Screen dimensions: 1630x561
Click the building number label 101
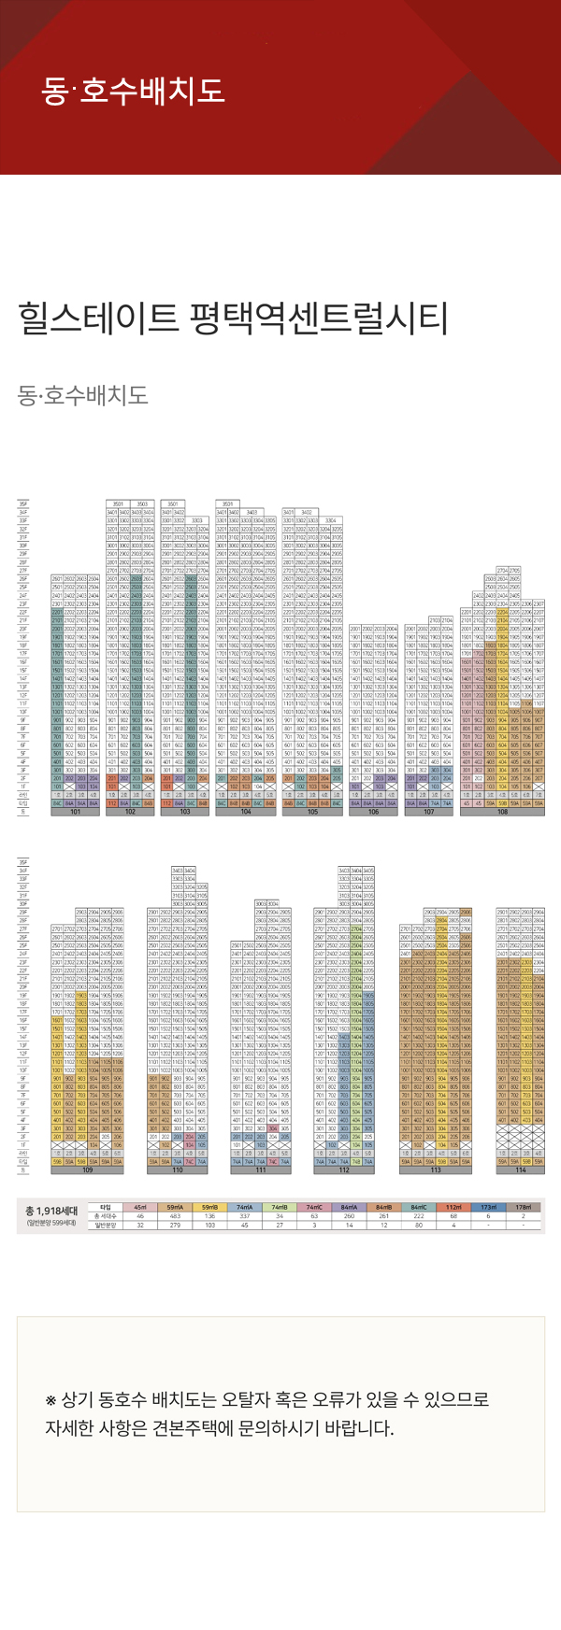pyautogui.click(x=75, y=812)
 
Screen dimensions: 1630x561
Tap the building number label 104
pyautogui.click(x=246, y=812)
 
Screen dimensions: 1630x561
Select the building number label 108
pyautogui.click(x=502, y=812)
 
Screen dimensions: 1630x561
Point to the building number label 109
pyautogui.click(x=88, y=1169)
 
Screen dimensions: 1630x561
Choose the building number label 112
pyautogui.click(x=344, y=1169)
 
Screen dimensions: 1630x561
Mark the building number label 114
pyautogui.click(x=520, y=1169)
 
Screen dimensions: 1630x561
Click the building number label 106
pyautogui.click(x=373, y=812)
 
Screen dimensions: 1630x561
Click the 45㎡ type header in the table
pyautogui.click(x=140, y=1208)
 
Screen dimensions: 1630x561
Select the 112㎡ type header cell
pyautogui.click(x=453, y=1208)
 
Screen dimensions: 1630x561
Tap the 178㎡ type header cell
pyautogui.click(x=524, y=1208)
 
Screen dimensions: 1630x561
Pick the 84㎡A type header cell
pyautogui.click(x=349, y=1208)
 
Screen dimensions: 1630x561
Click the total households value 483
pyautogui.click(x=175, y=1216)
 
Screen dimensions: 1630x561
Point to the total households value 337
pyautogui.click(x=245, y=1216)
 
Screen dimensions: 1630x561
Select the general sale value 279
pyautogui.click(x=175, y=1225)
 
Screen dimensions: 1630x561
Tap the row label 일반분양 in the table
pyautogui.click(x=105, y=1225)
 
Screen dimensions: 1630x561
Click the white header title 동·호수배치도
pyautogui.click(x=133, y=91)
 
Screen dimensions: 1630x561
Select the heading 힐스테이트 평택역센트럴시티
pyautogui.click(x=233, y=319)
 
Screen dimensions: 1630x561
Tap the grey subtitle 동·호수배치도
pyautogui.click(x=83, y=394)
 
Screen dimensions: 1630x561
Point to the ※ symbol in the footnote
pyautogui.click(x=51, y=1400)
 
